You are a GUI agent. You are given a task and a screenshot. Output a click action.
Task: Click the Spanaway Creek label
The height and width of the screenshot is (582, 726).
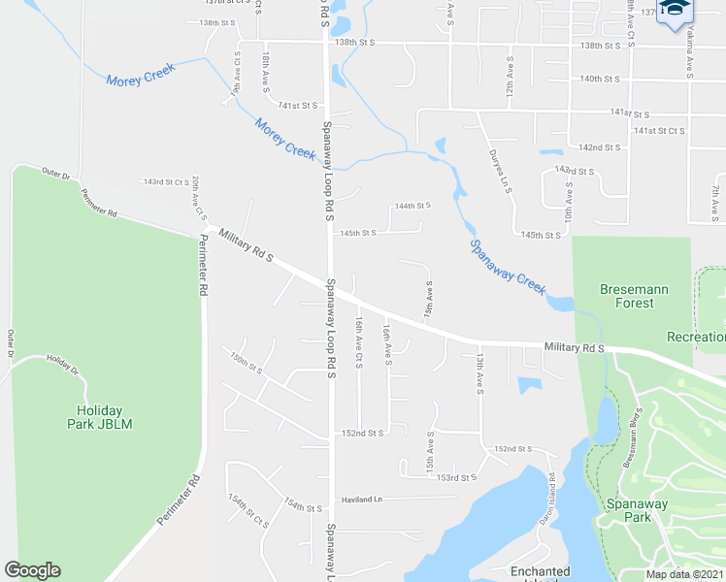[x=508, y=267]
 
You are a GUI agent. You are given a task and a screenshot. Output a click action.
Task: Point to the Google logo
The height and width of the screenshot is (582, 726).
[x=32, y=570]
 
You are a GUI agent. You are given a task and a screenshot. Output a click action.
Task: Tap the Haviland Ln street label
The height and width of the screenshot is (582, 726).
[x=362, y=500]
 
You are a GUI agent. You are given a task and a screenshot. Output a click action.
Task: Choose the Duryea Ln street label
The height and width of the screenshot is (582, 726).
[x=499, y=172]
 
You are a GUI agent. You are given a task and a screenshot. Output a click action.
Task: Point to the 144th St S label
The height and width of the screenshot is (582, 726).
[x=411, y=206]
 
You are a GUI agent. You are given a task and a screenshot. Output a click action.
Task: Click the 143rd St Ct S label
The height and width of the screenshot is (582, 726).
[x=166, y=181]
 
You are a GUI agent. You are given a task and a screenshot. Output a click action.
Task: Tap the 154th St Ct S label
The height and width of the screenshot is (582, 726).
[x=247, y=510]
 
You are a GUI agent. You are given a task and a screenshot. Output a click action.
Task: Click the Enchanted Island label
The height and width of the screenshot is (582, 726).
[x=540, y=573]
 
